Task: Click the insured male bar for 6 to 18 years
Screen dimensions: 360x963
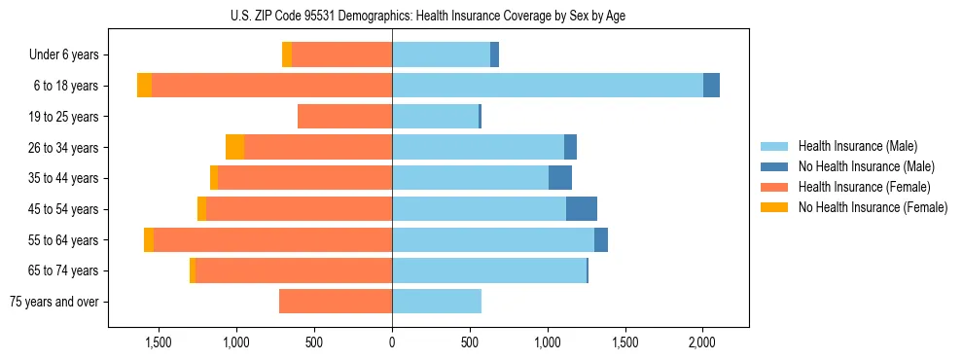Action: pos(547,86)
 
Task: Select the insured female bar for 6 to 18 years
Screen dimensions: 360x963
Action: pos(271,86)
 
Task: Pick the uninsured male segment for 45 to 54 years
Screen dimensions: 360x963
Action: pos(582,209)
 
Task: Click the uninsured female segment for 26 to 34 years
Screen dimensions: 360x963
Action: pos(234,147)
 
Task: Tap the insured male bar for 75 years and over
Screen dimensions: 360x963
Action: pos(437,302)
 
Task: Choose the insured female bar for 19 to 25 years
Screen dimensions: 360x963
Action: pos(344,117)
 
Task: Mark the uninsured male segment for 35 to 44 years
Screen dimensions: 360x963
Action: pos(560,178)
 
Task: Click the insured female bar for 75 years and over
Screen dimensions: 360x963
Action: pos(336,302)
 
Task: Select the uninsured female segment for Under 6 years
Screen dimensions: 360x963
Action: pos(287,55)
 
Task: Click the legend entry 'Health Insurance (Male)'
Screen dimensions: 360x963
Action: pos(857,146)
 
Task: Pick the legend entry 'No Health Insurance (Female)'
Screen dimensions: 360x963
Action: pos(872,207)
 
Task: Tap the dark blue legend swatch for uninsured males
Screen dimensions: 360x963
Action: pos(774,166)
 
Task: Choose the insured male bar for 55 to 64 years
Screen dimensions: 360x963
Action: pos(493,240)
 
